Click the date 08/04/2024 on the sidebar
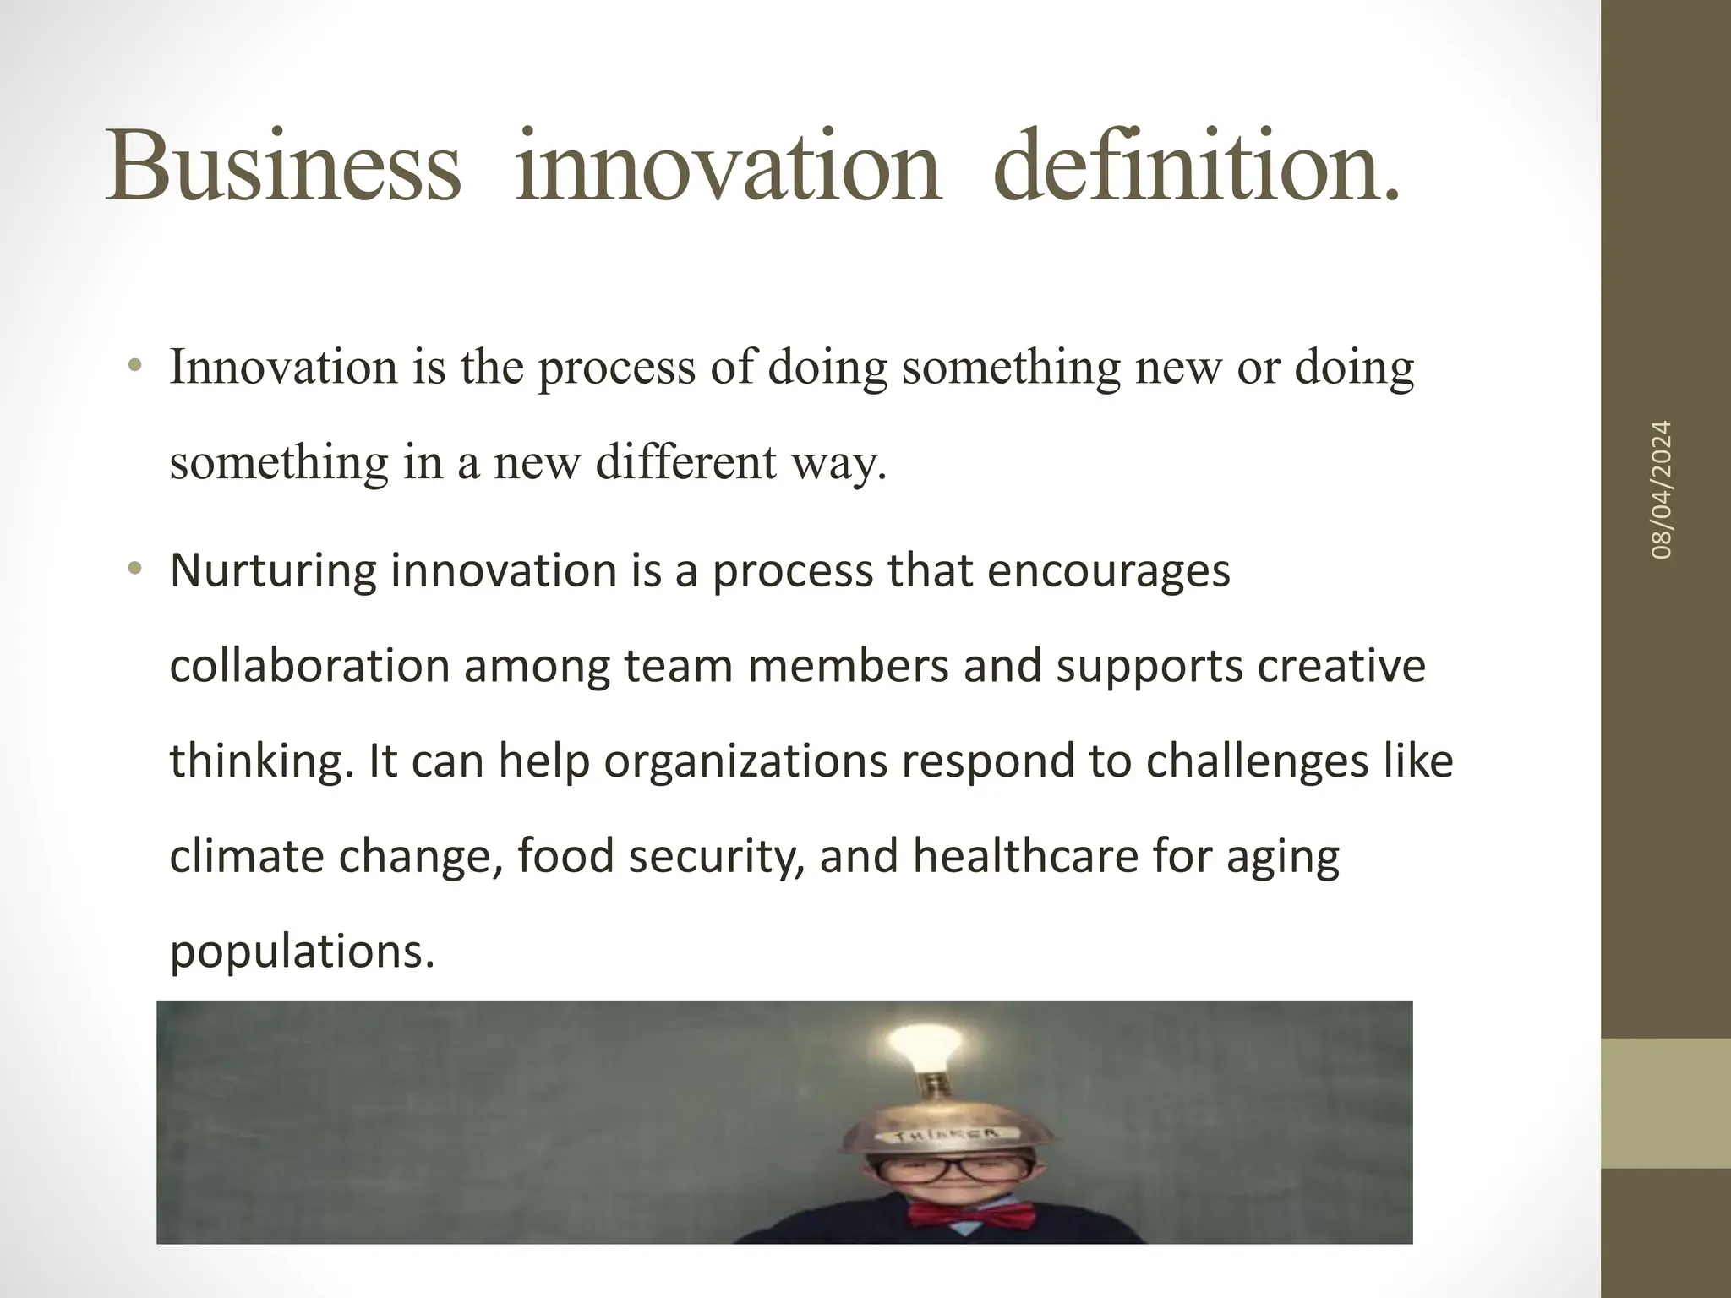(1663, 489)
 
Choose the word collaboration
(309, 666)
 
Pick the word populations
(302, 952)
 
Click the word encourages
(1108, 572)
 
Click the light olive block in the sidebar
(1666, 1103)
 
